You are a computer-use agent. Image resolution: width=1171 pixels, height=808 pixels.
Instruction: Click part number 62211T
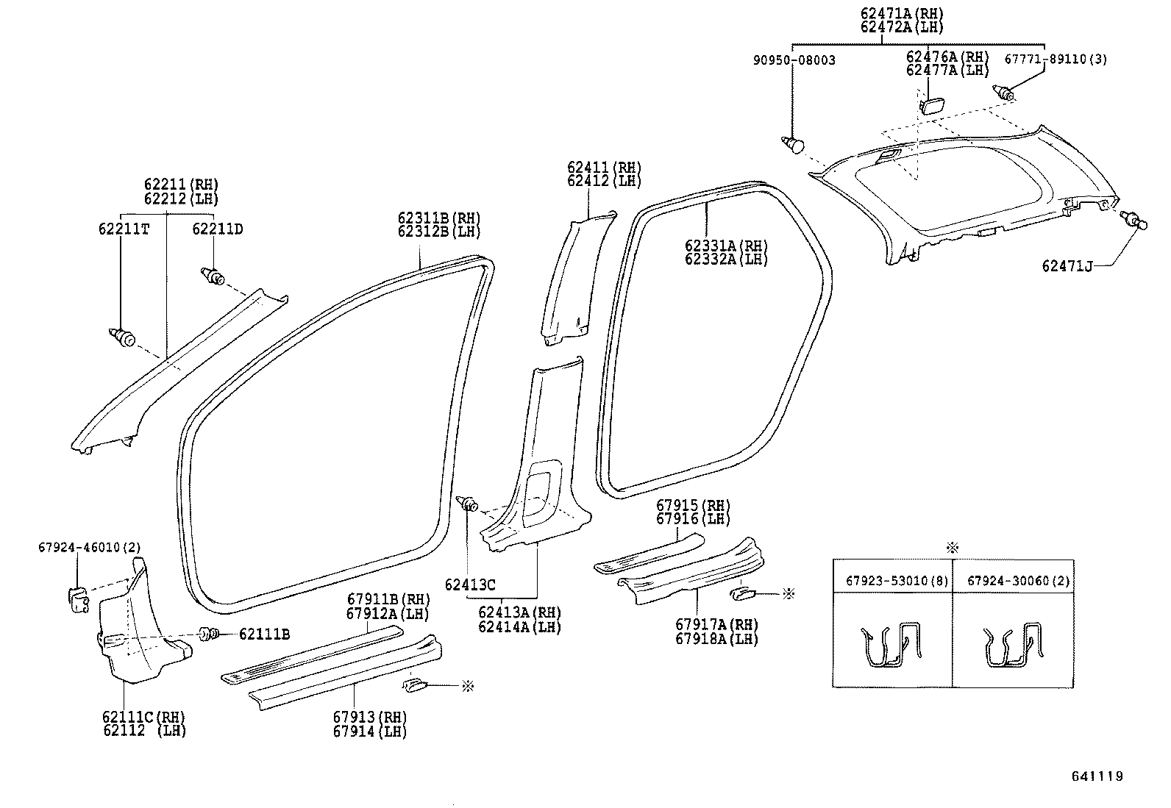pos(124,229)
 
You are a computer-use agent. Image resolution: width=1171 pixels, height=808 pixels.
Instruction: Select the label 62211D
pos(218,229)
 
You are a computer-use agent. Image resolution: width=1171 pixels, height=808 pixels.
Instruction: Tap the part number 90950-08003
pos(793,60)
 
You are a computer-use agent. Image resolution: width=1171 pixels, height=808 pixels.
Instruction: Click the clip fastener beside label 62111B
pos(208,633)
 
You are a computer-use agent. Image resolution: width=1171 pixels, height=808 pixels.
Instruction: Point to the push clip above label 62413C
pos(469,504)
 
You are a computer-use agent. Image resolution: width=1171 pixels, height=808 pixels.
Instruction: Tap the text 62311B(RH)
pos(439,218)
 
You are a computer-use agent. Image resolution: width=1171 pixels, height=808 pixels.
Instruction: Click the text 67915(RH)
pos(693,506)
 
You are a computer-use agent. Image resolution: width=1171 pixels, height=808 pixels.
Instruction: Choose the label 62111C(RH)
pos(144,717)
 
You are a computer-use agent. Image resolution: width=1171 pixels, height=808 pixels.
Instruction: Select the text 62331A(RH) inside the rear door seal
pos(726,246)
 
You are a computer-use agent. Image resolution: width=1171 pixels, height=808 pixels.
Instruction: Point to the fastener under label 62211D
pos(213,276)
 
